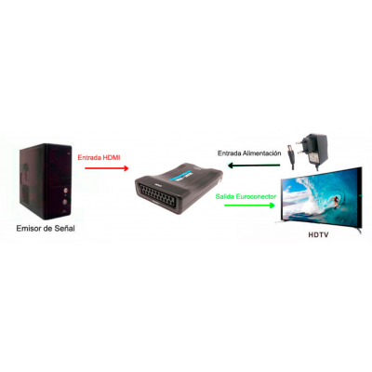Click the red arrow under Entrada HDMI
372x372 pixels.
point(106,168)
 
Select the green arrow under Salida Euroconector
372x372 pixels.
point(249,206)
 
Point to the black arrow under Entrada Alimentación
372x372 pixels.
point(254,166)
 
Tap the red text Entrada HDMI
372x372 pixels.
point(99,157)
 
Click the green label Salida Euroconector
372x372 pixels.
point(246,196)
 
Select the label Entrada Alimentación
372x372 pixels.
point(249,153)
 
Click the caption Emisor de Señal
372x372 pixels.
point(46,229)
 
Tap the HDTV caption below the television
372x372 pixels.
point(318,235)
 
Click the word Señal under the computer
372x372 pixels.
point(64,229)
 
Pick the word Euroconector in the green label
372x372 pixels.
point(256,196)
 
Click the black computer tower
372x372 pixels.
point(46,181)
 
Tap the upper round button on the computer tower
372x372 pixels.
point(65,190)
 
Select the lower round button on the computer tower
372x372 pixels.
point(65,202)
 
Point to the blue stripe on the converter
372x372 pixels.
point(183,175)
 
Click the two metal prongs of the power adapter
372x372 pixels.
point(299,147)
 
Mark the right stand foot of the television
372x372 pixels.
point(359,231)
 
